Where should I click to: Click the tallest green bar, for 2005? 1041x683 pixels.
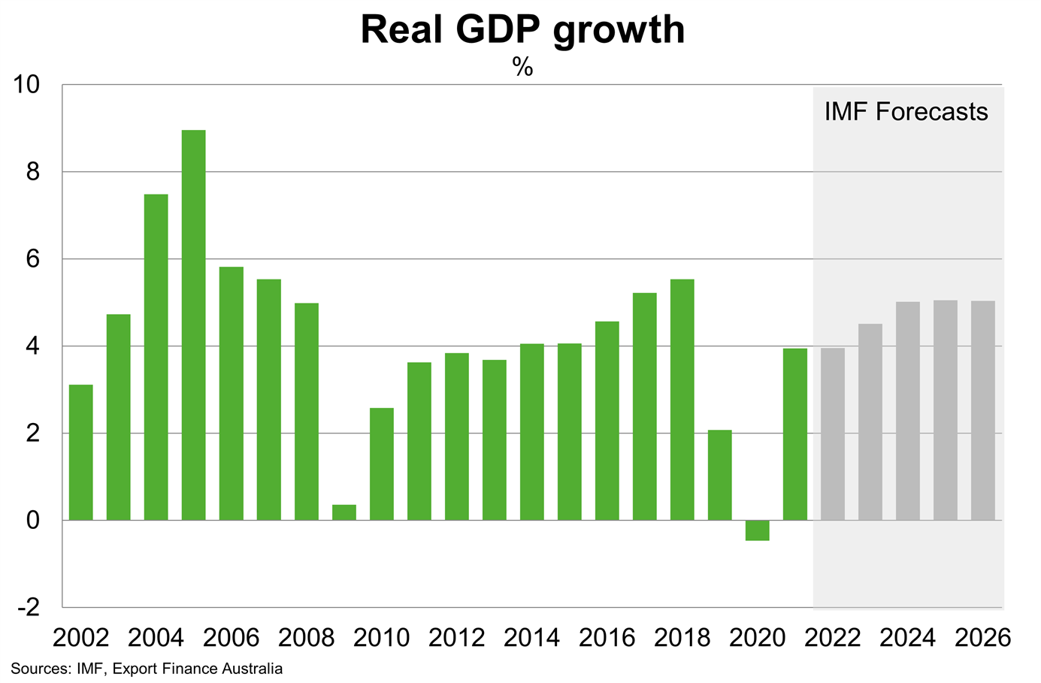click(x=194, y=325)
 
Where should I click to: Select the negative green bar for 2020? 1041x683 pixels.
click(x=758, y=530)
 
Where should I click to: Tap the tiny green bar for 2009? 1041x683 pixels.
click(x=344, y=512)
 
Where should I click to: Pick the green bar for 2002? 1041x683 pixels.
click(x=81, y=452)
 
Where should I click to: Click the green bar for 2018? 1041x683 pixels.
click(x=682, y=400)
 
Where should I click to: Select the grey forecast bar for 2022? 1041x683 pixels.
click(x=833, y=434)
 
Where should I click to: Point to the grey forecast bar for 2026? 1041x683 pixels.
click(x=983, y=410)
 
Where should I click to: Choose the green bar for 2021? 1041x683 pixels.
click(x=795, y=434)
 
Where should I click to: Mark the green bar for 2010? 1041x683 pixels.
click(x=382, y=464)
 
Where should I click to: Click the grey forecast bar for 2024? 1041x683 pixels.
click(x=908, y=410)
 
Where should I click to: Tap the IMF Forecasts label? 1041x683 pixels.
click(x=906, y=112)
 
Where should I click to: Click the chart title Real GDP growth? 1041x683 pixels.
click(x=522, y=30)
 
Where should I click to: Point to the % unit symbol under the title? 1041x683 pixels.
click(x=522, y=68)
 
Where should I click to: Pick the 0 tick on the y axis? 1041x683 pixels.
click(x=33, y=520)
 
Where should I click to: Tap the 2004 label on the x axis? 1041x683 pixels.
click(x=156, y=639)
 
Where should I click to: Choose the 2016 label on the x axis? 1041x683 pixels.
click(x=607, y=639)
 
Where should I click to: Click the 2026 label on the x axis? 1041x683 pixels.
click(x=983, y=639)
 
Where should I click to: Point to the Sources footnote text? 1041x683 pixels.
click(x=147, y=669)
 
